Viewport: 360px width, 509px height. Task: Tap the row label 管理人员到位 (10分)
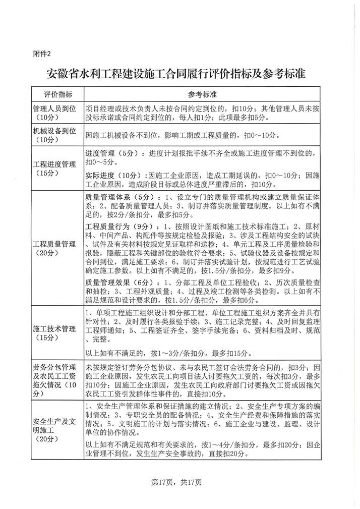tap(54, 112)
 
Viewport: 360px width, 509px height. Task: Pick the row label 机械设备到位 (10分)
tap(54, 135)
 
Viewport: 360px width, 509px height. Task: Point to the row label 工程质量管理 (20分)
tap(54, 248)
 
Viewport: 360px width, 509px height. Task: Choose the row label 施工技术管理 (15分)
tap(54, 333)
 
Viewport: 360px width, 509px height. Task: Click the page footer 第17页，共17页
tap(179, 482)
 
